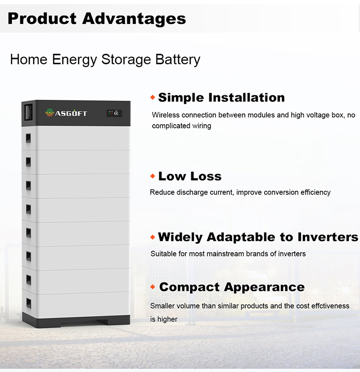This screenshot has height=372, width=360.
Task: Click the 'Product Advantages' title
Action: tap(96, 19)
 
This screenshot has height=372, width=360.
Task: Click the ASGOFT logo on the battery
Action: tap(66, 113)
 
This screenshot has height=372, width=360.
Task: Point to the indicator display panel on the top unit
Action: tap(114, 113)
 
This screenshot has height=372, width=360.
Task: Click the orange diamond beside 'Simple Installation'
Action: tap(153, 97)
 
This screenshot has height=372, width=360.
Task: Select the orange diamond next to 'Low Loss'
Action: tap(153, 176)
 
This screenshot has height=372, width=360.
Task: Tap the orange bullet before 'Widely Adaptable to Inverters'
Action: tap(153, 237)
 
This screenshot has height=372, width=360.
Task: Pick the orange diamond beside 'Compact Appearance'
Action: tap(153, 287)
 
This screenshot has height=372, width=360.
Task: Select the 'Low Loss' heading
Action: tap(190, 176)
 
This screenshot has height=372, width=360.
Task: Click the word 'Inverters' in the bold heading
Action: tap(328, 237)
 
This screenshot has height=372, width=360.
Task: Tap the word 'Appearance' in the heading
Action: tap(264, 288)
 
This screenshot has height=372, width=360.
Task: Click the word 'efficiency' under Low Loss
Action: tap(315, 192)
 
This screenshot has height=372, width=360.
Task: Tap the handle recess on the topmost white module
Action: tap(28, 138)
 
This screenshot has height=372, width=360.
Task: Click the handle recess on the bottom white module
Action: tap(29, 303)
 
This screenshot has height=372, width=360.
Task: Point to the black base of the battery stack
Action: tap(76, 321)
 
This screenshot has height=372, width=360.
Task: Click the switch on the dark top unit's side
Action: tap(29, 113)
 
